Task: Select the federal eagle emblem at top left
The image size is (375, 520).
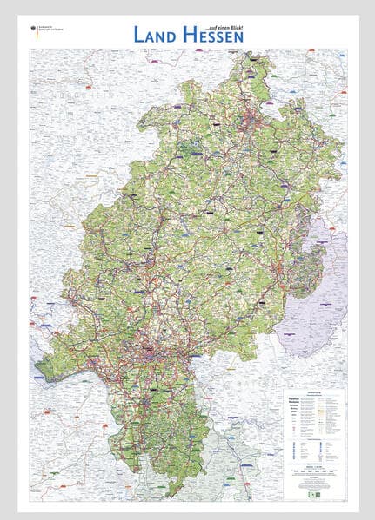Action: coord(34,30)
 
